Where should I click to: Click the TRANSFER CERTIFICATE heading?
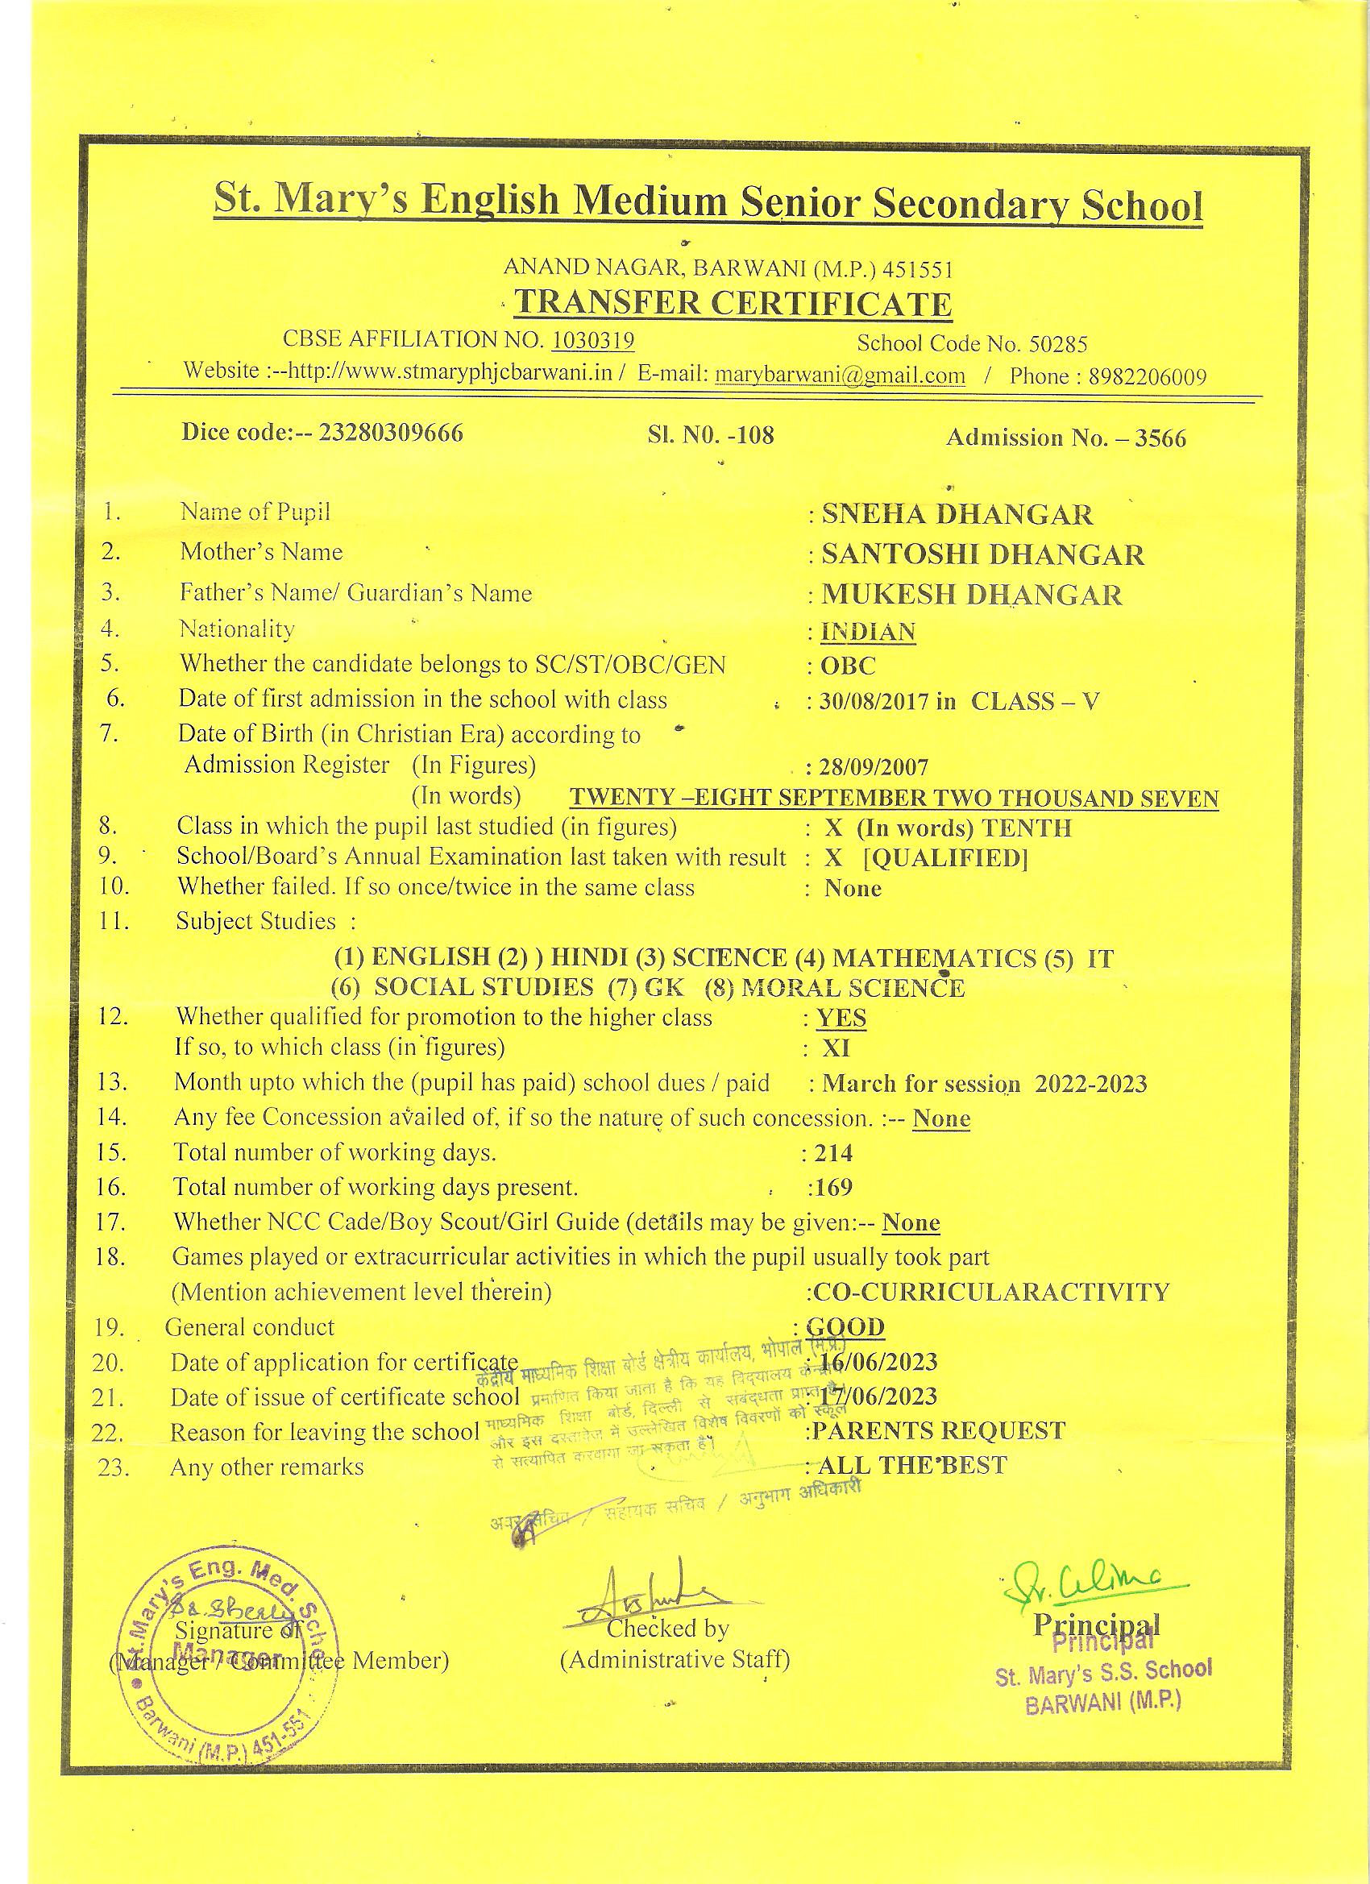point(732,303)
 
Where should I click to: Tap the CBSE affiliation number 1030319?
point(593,340)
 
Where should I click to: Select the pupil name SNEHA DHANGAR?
point(957,514)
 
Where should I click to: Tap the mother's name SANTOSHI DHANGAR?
point(982,554)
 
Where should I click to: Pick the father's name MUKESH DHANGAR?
point(971,595)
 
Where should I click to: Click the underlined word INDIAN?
point(867,631)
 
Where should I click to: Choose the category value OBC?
point(848,666)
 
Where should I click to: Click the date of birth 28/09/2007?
point(874,766)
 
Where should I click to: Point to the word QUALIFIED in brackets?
point(945,858)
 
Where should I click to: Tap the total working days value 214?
point(834,1153)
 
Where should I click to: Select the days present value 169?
point(833,1187)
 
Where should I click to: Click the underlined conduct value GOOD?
point(845,1326)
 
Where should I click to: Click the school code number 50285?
point(1057,344)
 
